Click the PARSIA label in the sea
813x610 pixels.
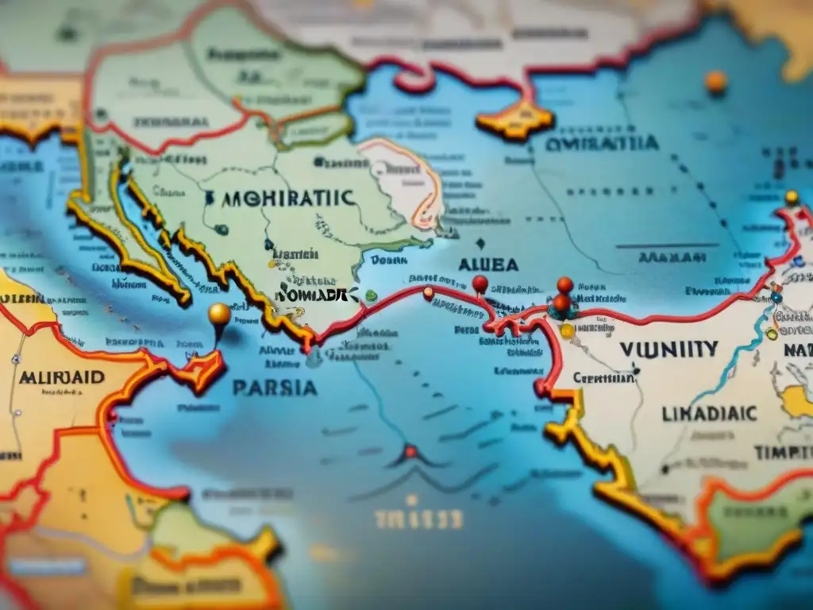coord(274,388)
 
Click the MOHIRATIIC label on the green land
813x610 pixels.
coord(280,198)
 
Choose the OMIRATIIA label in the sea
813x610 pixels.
coord(602,144)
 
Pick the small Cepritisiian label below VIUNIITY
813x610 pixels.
coord(603,378)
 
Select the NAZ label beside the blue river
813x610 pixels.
coord(796,349)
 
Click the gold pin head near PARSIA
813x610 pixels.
coord(219,314)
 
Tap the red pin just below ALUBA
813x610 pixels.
coord(480,283)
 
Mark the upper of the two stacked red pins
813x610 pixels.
coord(564,284)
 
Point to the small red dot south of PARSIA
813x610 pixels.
coord(410,452)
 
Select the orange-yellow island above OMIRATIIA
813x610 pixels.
coord(514,122)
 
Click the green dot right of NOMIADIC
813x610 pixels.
coord(371,295)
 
